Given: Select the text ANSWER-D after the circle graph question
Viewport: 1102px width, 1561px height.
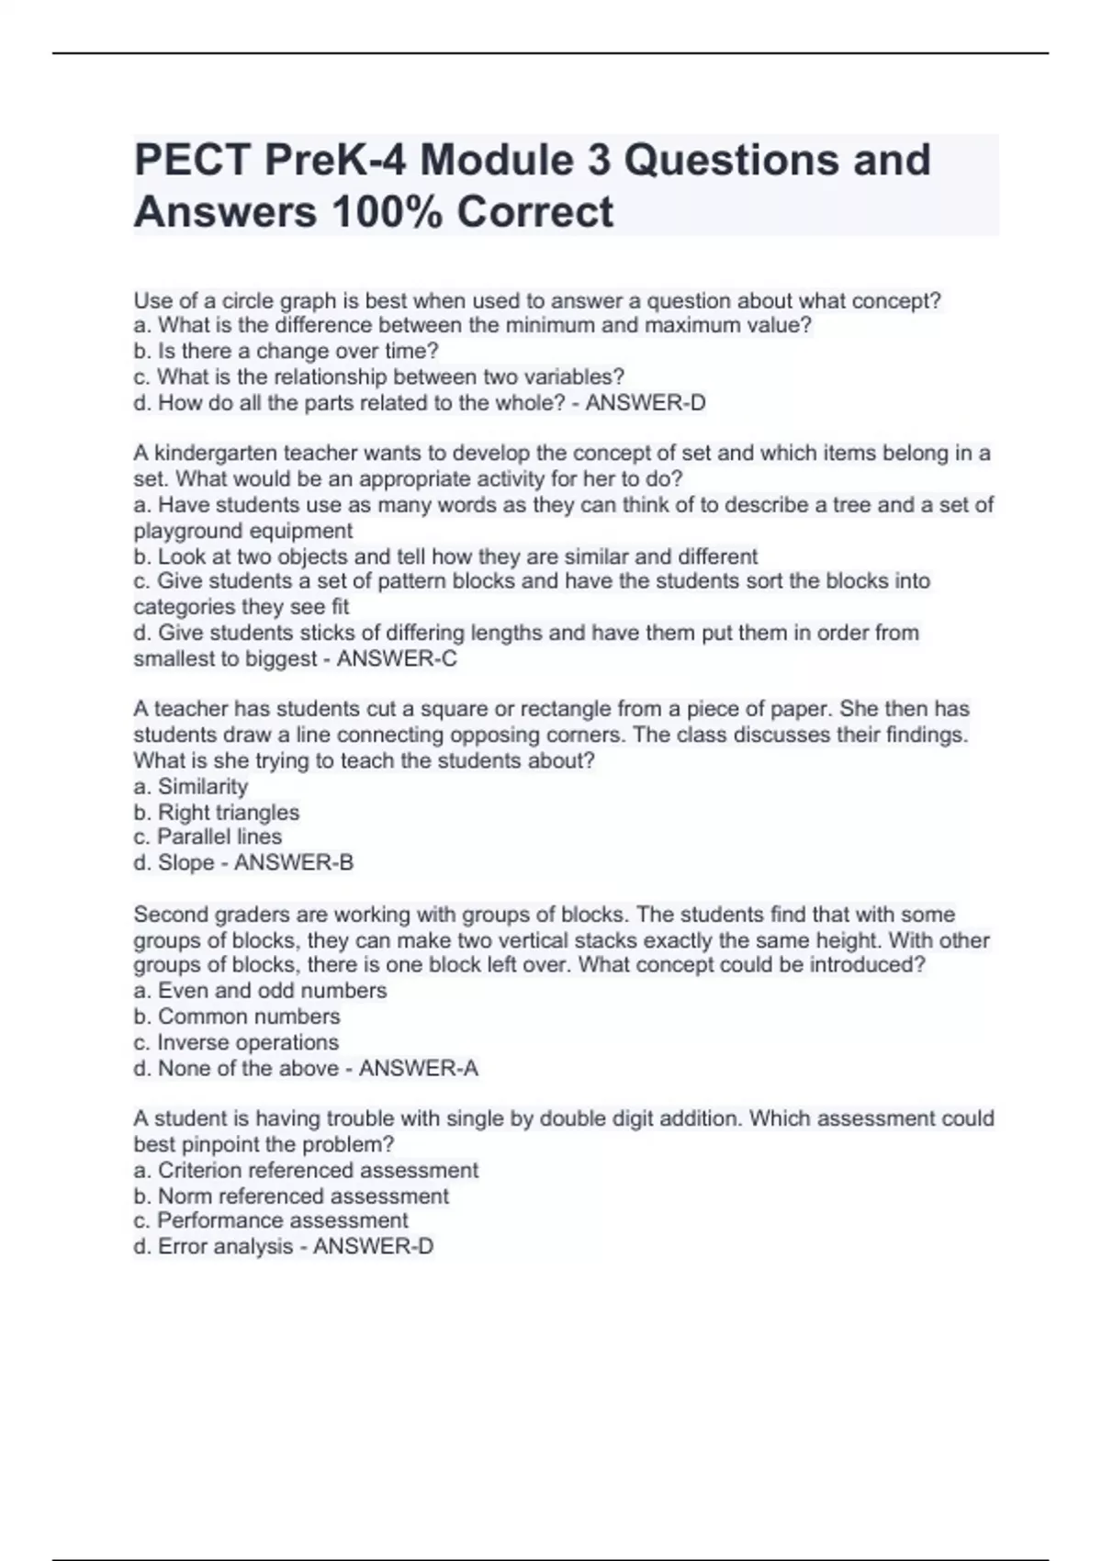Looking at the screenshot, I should (x=646, y=403).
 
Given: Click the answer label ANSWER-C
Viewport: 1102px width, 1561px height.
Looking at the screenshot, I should (x=397, y=658).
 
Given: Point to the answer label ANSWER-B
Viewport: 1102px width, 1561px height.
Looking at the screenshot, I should (x=294, y=863).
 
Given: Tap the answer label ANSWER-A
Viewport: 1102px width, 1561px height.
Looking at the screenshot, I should (x=419, y=1069).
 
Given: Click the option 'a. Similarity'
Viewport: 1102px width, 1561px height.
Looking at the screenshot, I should (x=191, y=787).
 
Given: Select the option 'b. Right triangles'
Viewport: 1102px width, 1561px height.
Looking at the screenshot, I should (x=217, y=813).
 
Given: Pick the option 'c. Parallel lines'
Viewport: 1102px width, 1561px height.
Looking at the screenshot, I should (x=208, y=837).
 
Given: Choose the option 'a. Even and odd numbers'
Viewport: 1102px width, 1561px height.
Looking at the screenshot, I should (x=260, y=991).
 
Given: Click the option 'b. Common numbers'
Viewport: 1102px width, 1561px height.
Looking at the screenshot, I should (x=237, y=1016).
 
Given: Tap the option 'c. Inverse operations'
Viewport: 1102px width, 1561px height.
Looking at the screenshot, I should (x=236, y=1043).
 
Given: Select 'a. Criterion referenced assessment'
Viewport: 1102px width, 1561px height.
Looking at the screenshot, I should (x=306, y=1171).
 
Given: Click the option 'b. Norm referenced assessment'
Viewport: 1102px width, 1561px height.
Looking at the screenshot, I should (x=291, y=1196).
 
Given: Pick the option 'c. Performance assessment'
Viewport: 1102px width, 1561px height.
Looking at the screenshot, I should (x=271, y=1221).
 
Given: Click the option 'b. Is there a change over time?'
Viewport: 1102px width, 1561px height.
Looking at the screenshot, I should (x=287, y=352).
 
